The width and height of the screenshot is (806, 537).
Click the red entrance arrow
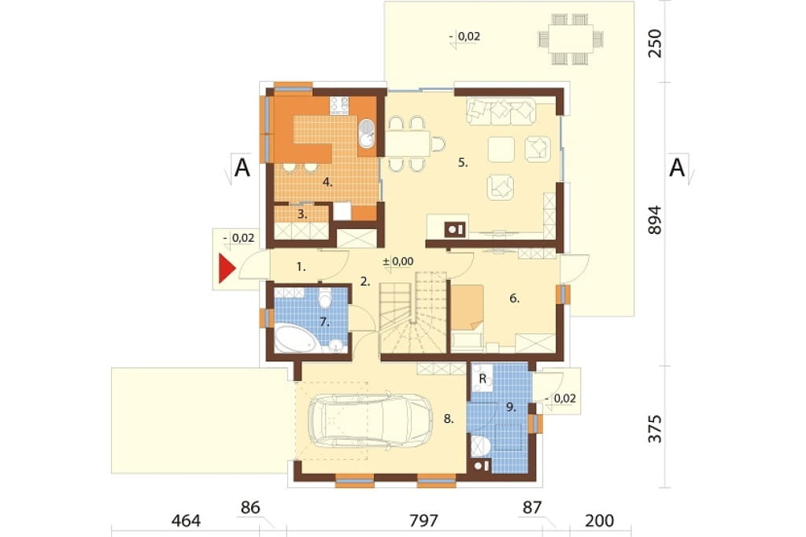227,268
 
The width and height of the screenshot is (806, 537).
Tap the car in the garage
370,420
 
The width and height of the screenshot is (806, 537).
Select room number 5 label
463,162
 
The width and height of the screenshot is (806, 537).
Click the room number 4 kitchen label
327,182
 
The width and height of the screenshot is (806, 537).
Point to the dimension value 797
424,520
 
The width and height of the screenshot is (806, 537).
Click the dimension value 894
654,220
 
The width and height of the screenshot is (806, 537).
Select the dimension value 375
654,428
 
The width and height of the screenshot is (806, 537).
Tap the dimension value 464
186,520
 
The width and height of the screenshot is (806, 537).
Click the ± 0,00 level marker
397,261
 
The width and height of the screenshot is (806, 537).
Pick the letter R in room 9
482,379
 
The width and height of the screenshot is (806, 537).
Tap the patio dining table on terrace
571,39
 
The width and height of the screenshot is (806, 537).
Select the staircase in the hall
412,313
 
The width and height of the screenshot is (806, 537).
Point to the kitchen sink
367,133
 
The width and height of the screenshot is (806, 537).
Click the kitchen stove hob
339,106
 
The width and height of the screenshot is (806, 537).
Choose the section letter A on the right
678,168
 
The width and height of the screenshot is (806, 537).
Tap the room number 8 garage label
449,419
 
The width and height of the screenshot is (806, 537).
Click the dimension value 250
654,43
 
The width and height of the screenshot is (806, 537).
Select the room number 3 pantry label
302,214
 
